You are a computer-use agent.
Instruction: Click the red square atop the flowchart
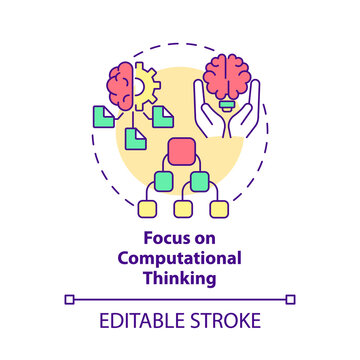click(x=180, y=153)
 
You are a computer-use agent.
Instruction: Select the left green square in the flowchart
click(x=162, y=181)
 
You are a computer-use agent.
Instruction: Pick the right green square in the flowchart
click(x=199, y=181)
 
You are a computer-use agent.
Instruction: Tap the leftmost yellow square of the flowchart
click(x=147, y=209)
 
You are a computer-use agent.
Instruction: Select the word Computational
click(x=180, y=258)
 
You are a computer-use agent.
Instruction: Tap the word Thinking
click(x=180, y=276)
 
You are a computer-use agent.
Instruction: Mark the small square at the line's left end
click(x=69, y=298)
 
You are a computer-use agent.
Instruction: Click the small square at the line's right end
click(x=290, y=298)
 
